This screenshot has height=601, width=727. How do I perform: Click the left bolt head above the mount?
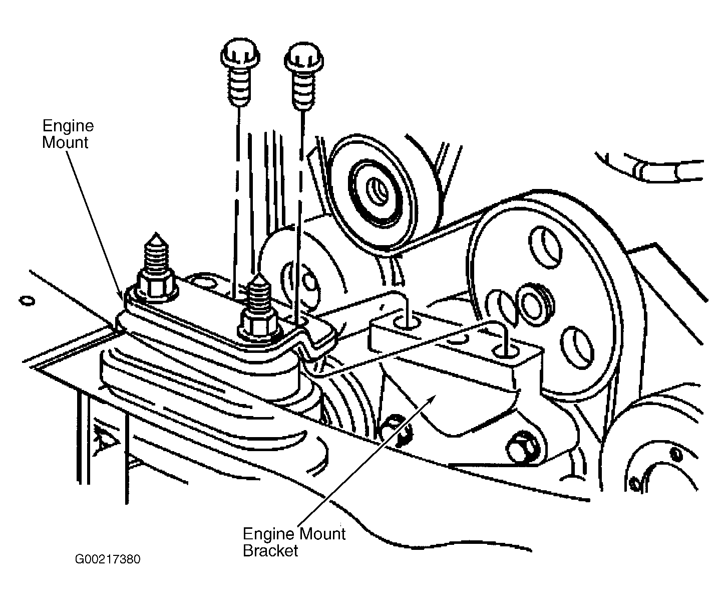pyautogui.click(x=240, y=55)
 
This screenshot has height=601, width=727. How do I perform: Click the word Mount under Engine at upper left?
pyautogui.click(x=65, y=142)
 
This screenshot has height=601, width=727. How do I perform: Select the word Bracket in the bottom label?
pyautogui.click(x=270, y=550)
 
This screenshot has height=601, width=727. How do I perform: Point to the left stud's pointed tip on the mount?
pyautogui.click(x=156, y=233)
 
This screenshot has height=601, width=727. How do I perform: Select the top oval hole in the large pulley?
pyautogui.click(x=545, y=247)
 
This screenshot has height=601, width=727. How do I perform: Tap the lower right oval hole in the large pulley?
pyautogui.click(x=577, y=348)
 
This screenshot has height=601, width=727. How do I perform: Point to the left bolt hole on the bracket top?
pyautogui.click(x=406, y=323)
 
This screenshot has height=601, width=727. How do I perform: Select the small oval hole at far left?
pyautogui.click(x=27, y=301)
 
